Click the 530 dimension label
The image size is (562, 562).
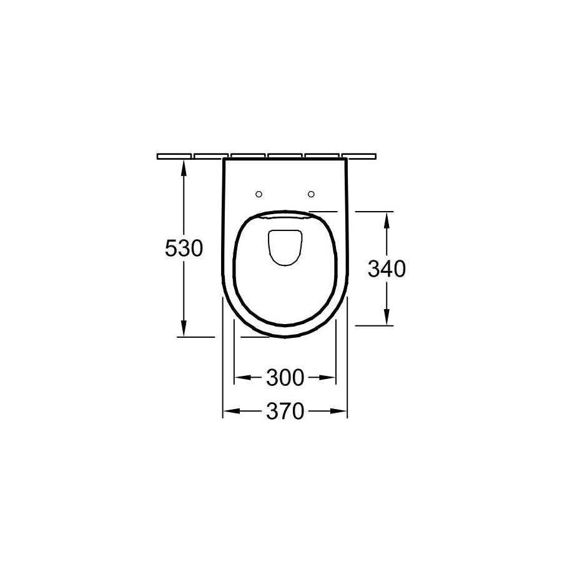click(x=184, y=248)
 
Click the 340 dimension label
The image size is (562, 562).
click(x=387, y=269)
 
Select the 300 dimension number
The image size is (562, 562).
click(x=285, y=377)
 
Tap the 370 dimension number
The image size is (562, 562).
click(x=285, y=411)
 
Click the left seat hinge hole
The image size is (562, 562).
click(x=259, y=194)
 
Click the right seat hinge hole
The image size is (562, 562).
click(x=311, y=194)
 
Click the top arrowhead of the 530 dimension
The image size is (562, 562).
click(x=184, y=168)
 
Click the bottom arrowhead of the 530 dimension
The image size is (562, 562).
click(x=184, y=328)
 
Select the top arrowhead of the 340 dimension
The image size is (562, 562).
click(x=387, y=220)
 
